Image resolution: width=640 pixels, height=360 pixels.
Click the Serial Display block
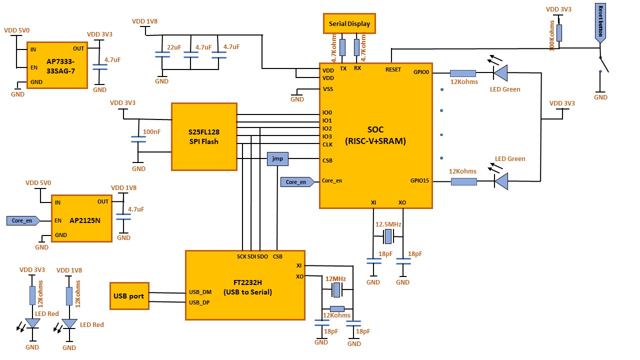[349, 23]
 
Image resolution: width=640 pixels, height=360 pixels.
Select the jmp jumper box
[277, 159]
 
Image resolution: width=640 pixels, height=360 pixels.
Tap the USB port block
[129, 296]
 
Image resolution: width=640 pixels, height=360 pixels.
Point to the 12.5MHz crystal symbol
[388, 236]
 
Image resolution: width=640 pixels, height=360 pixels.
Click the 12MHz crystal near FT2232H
[337, 289]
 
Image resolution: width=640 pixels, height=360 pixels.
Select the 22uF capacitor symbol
[162, 54]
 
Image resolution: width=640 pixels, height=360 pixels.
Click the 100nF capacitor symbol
[138, 139]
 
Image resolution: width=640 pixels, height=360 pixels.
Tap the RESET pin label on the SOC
[393, 69]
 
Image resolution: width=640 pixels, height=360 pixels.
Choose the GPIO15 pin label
[419, 180]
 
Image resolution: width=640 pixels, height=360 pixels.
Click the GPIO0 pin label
[421, 72]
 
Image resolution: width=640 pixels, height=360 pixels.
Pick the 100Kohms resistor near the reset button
[559, 33]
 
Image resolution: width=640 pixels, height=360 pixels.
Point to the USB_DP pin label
[199, 302]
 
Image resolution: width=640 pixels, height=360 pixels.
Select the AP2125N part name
[85, 220]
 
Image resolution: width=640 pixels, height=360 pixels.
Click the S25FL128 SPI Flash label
[204, 136]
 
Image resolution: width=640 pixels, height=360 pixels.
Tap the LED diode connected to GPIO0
[500, 73]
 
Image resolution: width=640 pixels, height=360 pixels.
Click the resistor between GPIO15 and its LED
[464, 181]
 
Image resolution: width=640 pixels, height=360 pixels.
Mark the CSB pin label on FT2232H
[277, 256]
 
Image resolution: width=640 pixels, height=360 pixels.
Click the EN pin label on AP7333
[34, 67]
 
